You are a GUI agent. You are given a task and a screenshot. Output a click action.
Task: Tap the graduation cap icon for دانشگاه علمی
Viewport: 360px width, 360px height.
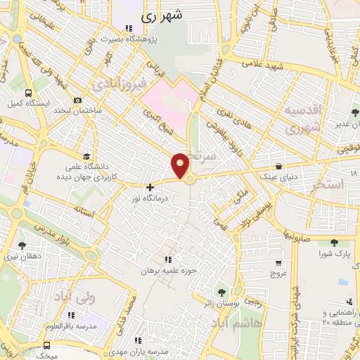86,156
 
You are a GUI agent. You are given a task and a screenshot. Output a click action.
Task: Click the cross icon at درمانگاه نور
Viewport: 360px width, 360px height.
150,187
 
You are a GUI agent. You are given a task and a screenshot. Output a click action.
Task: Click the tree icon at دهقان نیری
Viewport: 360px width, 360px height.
22,245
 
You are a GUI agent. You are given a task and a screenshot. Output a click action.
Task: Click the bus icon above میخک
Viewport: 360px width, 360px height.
46,345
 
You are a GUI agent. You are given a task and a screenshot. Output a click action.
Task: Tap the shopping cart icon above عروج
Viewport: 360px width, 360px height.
278,262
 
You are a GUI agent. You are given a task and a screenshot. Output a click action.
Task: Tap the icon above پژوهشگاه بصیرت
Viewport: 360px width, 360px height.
128,28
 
